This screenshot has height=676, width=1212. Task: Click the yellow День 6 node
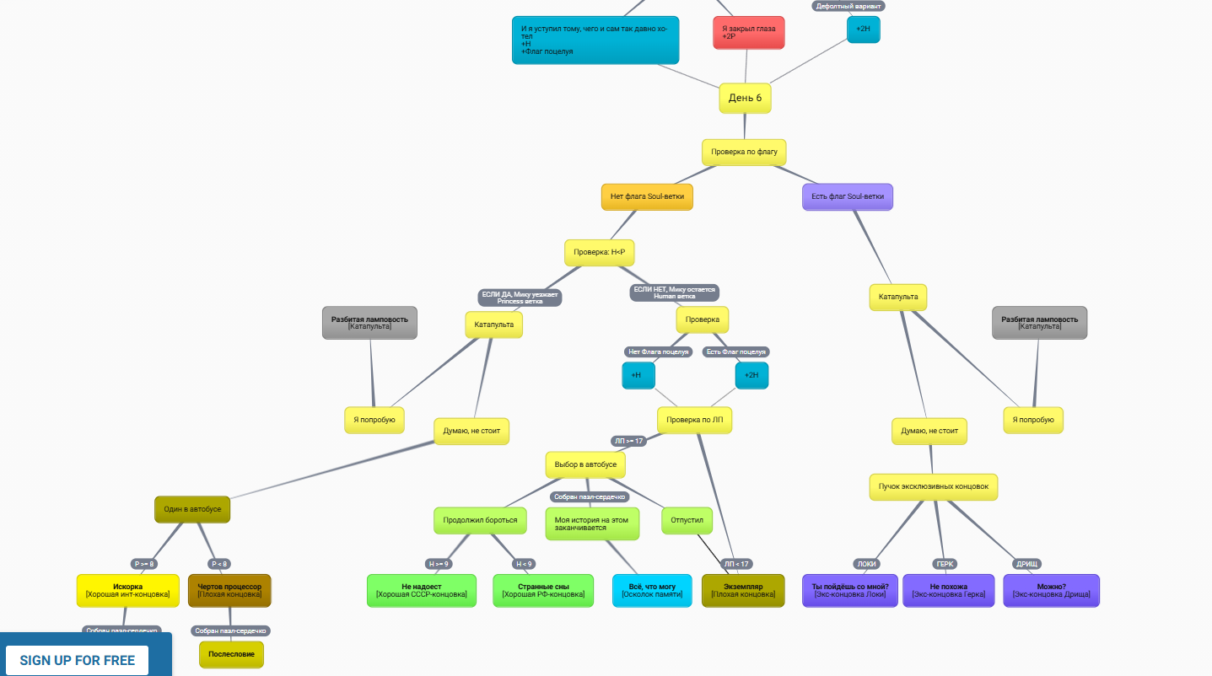[x=745, y=98]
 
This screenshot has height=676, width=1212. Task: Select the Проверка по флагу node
[x=744, y=153]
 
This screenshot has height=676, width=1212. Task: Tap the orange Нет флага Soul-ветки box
[x=647, y=197]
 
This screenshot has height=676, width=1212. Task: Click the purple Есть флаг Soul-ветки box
[x=848, y=197]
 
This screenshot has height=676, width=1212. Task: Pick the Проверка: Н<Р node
[x=600, y=253]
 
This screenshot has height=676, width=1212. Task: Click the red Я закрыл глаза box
[x=748, y=33]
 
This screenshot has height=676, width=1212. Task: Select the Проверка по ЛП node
[x=694, y=420]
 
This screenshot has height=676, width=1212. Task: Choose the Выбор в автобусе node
[x=585, y=464]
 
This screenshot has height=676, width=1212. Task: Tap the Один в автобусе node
[x=192, y=509]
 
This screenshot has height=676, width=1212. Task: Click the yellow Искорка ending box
[x=128, y=590]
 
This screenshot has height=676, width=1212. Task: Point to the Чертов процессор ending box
[x=229, y=590]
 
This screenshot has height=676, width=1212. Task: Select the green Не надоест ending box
[x=422, y=590]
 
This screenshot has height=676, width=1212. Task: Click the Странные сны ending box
[x=543, y=590]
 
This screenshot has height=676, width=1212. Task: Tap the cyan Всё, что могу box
[x=652, y=590]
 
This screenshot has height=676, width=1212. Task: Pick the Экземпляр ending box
[x=743, y=590]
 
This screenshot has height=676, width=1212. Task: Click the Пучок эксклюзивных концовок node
[x=934, y=487]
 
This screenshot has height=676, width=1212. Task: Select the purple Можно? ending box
[x=1051, y=590]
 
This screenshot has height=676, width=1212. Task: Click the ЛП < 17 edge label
[x=736, y=564]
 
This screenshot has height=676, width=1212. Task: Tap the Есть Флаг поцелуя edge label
[x=736, y=351]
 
